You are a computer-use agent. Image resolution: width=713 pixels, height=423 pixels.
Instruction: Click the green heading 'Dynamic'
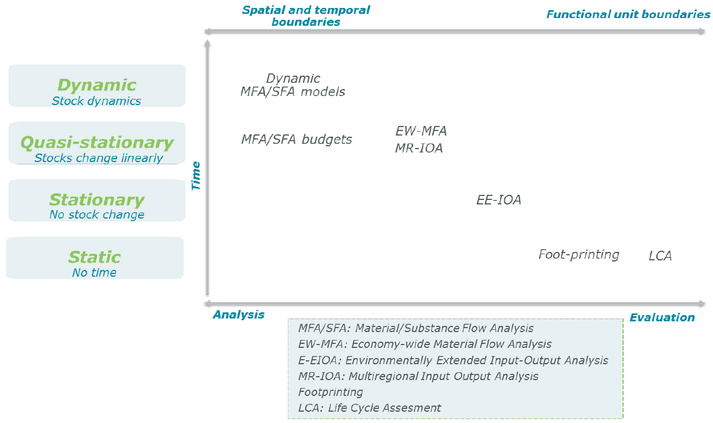97,85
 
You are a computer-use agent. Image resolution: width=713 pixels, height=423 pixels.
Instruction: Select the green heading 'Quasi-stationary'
97,142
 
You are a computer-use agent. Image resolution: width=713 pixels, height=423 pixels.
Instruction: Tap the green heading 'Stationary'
97,200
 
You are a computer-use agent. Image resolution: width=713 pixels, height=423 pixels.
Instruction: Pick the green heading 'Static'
94,257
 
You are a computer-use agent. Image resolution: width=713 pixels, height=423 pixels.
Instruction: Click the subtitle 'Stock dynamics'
96,101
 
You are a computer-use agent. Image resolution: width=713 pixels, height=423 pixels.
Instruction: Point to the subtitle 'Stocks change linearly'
98,158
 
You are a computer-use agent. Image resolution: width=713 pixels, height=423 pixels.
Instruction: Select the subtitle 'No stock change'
97,215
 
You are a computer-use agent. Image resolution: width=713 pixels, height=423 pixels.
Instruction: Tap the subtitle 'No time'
94,272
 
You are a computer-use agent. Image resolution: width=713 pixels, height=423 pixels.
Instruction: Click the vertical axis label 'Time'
196,176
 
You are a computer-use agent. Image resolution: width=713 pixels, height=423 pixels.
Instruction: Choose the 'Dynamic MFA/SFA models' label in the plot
293,85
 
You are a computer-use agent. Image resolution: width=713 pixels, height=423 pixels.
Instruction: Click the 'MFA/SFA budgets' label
296,139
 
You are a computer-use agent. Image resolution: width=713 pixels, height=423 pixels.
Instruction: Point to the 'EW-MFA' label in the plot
421,131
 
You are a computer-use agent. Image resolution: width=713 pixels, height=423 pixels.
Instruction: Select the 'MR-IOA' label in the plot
419,149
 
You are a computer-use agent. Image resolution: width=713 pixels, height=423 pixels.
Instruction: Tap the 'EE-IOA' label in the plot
499,200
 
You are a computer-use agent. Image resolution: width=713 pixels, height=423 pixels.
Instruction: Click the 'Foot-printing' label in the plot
579,255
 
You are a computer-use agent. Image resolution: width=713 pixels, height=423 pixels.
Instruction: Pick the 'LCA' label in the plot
660,256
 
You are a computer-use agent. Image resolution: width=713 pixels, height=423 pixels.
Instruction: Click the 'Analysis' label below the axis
239,315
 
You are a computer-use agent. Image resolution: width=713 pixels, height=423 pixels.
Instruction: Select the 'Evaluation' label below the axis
662,317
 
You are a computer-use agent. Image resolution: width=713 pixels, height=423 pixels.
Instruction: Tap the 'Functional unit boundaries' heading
628,15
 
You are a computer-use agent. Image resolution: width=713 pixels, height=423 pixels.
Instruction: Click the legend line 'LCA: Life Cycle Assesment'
369,408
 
